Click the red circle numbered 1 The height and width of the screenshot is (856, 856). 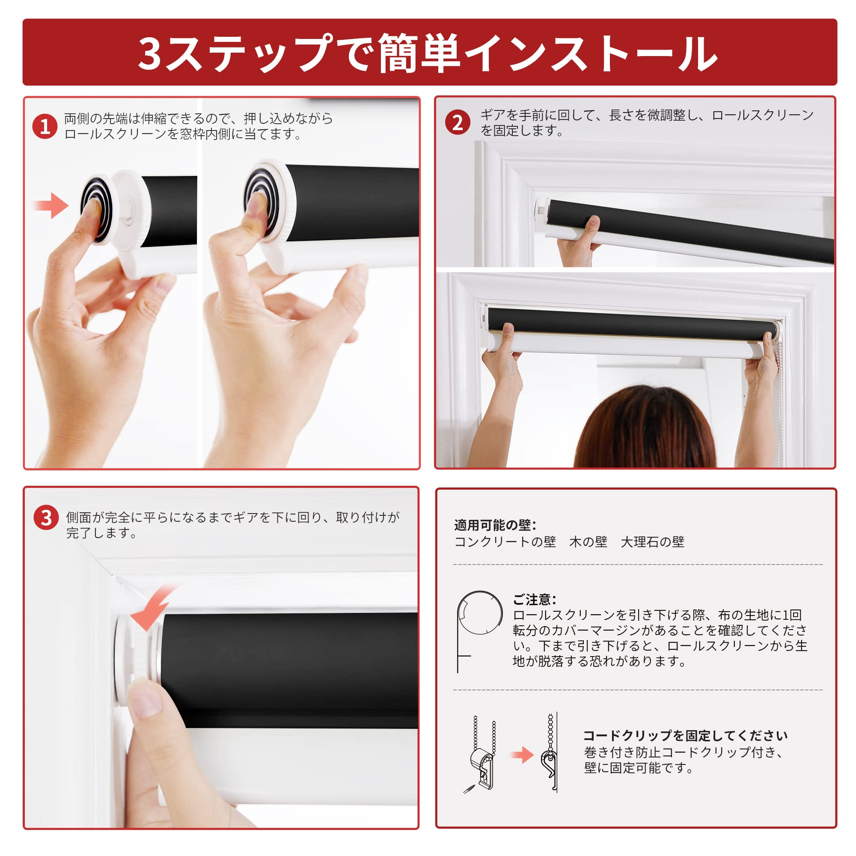pyautogui.click(x=45, y=126)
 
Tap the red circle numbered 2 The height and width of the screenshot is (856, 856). pyautogui.click(x=457, y=123)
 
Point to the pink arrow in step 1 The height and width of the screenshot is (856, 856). pyautogui.click(x=51, y=205)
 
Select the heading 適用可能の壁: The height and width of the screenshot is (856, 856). pyautogui.click(x=495, y=525)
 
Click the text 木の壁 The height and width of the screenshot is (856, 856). pyautogui.click(x=588, y=541)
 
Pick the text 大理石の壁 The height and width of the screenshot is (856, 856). pyautogui.click(x=652, y=541)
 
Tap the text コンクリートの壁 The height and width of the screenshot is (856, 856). pyautogui.click(x=505, y=541)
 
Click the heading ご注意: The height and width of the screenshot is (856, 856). pyautogui.click(x=534, y=600)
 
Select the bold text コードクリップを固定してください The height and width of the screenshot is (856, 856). pyautogui.click(x=685, y=736)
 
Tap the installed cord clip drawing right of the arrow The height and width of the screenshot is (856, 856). pyautogui.click(x=550, y=756)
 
